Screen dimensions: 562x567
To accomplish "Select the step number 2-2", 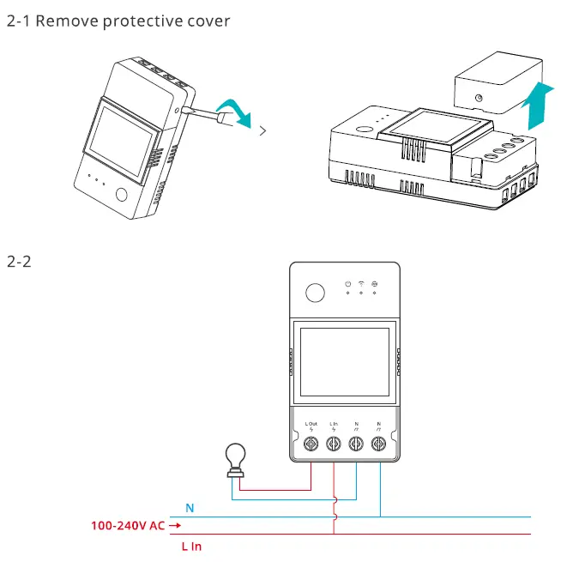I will tap(19, 261).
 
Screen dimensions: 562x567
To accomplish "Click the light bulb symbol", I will tap(233, 459).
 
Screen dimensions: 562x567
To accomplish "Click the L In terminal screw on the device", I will tap(334, 444).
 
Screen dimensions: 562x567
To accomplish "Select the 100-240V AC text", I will tap(128, 525).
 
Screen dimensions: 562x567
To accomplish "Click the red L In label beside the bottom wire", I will tap(191, 546).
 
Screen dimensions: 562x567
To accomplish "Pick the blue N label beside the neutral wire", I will tap(190, 508).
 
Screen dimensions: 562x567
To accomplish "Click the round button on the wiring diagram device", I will tap(316, 293).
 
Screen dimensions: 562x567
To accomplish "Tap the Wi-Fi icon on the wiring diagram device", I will tap(362, 283).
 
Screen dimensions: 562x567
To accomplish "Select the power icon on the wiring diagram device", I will tap(347, 283).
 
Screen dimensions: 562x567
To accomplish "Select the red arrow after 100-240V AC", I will tap(175, 525).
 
